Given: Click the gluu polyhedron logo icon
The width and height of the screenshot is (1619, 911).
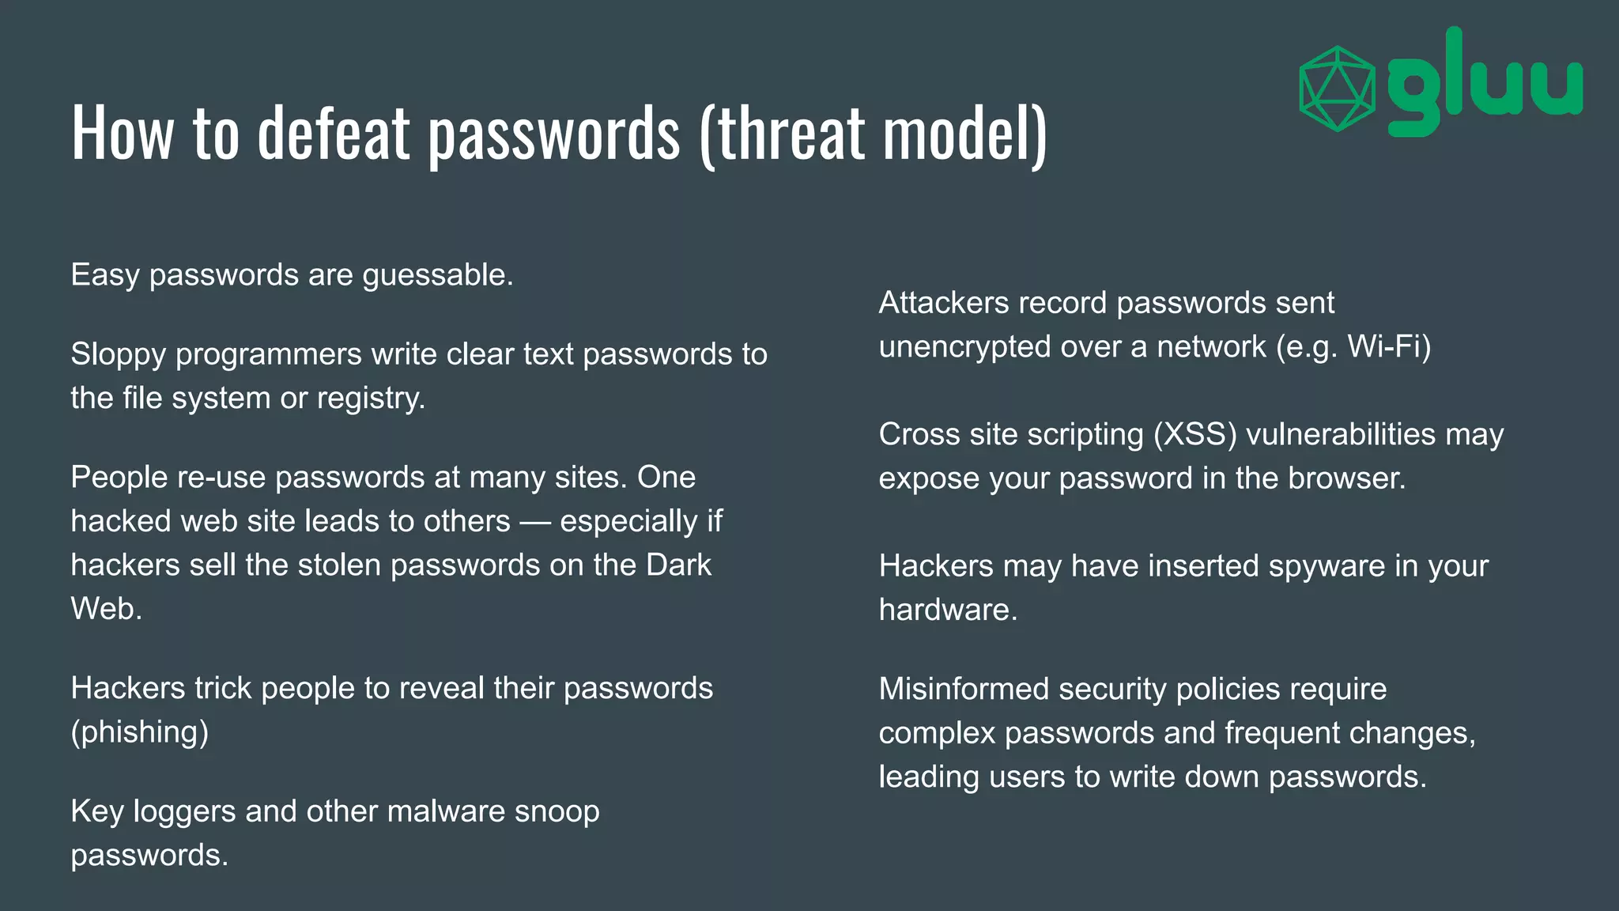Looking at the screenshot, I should (1338, 89).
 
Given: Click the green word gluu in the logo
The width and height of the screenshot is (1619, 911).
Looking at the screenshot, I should (1485, 83).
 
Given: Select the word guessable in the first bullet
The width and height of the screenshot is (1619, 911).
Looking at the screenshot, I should (437, 275).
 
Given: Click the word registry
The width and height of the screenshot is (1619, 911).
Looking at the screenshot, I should (371, 398).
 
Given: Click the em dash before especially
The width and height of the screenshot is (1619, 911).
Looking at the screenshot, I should (535, 522).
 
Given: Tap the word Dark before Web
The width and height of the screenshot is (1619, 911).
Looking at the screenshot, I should (678, 565).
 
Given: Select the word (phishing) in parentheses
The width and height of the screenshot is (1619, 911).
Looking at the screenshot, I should (140, 732).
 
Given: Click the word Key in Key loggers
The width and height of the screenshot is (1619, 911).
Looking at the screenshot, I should (96, 811).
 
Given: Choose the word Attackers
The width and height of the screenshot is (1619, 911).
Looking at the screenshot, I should (944, 303).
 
